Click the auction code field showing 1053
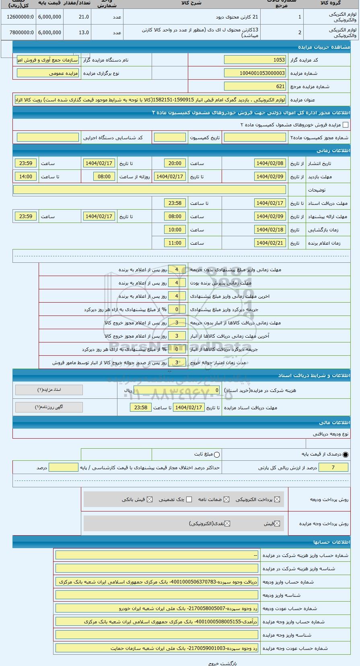coord(255,60)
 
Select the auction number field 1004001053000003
coord(255,73)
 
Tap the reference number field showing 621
coord(255,87)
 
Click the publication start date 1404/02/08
coord(270,163)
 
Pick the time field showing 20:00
coord(175,163)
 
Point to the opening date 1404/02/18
coord(270,230)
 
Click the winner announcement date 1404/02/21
coord(270,243)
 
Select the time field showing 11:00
coord(175,243)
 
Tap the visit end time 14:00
coord(26,177)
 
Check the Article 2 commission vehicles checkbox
coord(345,125)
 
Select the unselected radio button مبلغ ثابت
coord(217,455)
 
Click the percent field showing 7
coord(333,467)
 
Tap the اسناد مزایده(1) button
coord(49,390)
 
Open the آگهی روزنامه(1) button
coord(49,407)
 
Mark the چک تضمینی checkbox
coord(189,499)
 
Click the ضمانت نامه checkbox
coord(226,499)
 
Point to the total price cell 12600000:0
coord(18,17)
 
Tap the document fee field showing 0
coord(177,390)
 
